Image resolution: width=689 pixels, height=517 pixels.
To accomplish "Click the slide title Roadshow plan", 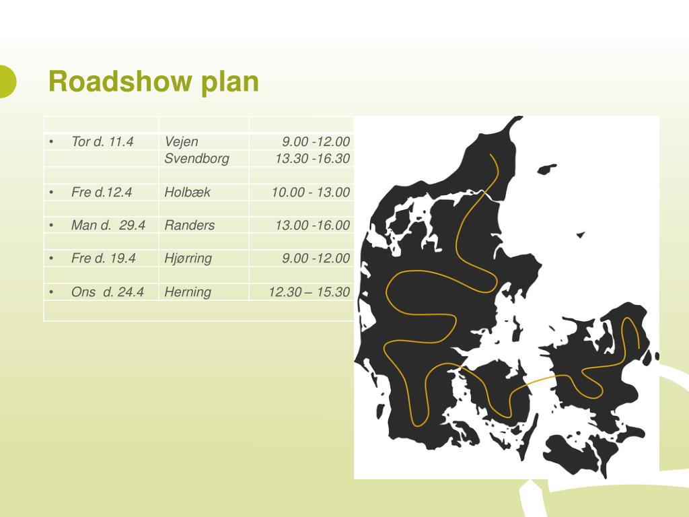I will coord(153,82).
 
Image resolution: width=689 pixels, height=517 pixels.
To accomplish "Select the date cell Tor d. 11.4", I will coord(102,141).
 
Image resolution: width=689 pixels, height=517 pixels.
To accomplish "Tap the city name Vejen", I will coord(181,141).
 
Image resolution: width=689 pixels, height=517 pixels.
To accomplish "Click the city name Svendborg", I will coord(196,159).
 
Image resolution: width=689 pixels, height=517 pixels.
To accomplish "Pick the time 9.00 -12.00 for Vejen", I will coord(316,141).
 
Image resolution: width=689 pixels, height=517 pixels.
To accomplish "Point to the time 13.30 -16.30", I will coord(312,159).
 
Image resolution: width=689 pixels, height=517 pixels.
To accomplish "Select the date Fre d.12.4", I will coord(102,192).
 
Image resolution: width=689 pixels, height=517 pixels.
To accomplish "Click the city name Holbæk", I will coord(187,192).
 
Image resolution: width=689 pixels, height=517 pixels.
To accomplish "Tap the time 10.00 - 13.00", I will coord(311,192).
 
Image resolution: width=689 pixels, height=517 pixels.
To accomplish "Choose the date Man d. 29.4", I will coord(108,225).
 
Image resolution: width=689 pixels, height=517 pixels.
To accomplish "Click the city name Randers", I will coord(190,225).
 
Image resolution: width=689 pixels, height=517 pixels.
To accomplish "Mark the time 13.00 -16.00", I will coord(312,225).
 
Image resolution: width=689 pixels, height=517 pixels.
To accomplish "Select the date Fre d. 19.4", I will coord(104,258).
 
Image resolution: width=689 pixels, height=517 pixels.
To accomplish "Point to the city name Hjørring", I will coord(188,258).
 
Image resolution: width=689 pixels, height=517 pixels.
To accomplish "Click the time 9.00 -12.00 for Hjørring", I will coord(316,258).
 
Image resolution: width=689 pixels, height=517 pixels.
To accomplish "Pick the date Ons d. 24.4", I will coord(108,291).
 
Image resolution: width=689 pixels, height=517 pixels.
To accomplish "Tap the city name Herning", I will coord(188,291).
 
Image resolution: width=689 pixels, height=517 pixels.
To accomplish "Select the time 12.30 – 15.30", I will coord(309,291).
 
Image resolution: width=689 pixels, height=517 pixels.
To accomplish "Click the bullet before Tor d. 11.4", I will coord(51,141).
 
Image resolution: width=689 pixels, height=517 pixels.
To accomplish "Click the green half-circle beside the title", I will coord(7,81).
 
